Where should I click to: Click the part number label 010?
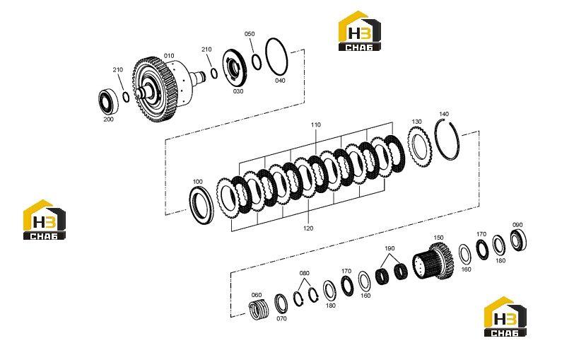[x=169, y=56]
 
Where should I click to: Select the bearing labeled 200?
[x=108, y=100]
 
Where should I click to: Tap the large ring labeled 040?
[x=276, y=57]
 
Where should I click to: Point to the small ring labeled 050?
[x=257, y=62]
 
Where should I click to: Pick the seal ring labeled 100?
[x=201, y=205]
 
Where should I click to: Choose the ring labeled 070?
[x=281, y=303]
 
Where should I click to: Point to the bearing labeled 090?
[x=518, y=240]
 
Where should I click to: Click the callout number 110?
[x=316, y=125]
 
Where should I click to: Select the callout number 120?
[x=308, y=228]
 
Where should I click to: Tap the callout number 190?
[x=389, y=248]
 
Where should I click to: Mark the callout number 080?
[x=304, y=273]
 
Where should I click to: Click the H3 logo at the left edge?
[x=45, y=220]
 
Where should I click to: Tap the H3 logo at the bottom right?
[x=505, y=317]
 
